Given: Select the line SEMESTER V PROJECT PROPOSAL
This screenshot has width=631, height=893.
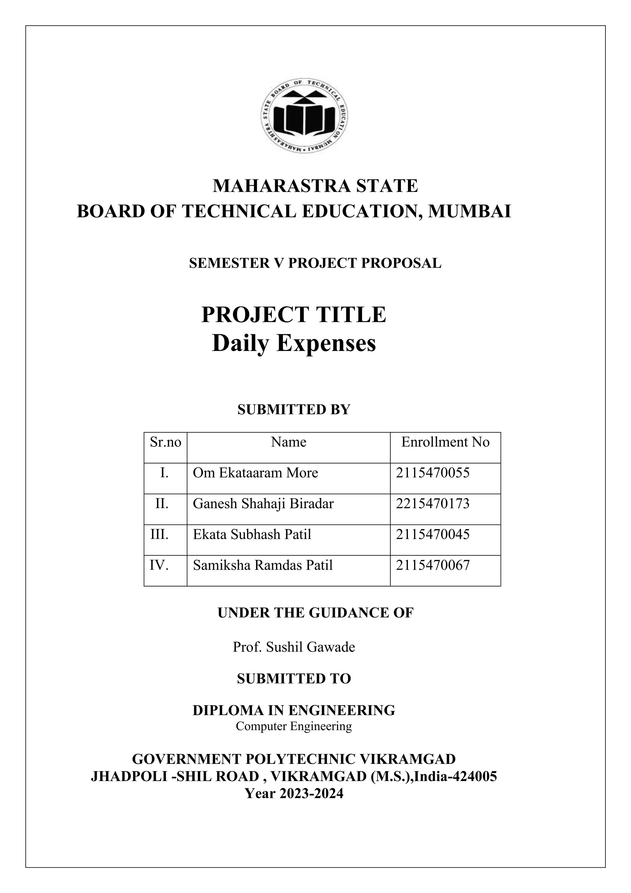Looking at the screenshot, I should tap(315, 263).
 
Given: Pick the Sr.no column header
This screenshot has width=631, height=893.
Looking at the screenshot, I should tap(165, 442).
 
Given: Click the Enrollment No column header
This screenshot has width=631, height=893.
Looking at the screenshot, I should tap(445, 442).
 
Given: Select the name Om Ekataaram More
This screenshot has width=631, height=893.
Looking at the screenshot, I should tap(255, 473).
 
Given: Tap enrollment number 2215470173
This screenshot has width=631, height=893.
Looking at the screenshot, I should tap(433, 504).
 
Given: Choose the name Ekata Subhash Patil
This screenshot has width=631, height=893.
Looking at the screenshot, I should tap(252, 534).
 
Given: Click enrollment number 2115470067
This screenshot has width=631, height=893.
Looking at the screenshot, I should tap(433, 565).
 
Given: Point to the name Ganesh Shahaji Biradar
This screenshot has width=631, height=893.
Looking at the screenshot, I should tap(263, 504).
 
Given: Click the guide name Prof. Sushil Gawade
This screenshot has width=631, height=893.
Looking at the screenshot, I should tap(294, 647).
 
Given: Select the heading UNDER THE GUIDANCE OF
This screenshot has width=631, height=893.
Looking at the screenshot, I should tap(315, 613).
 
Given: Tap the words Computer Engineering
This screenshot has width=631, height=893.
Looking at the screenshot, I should tap(294, 726).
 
